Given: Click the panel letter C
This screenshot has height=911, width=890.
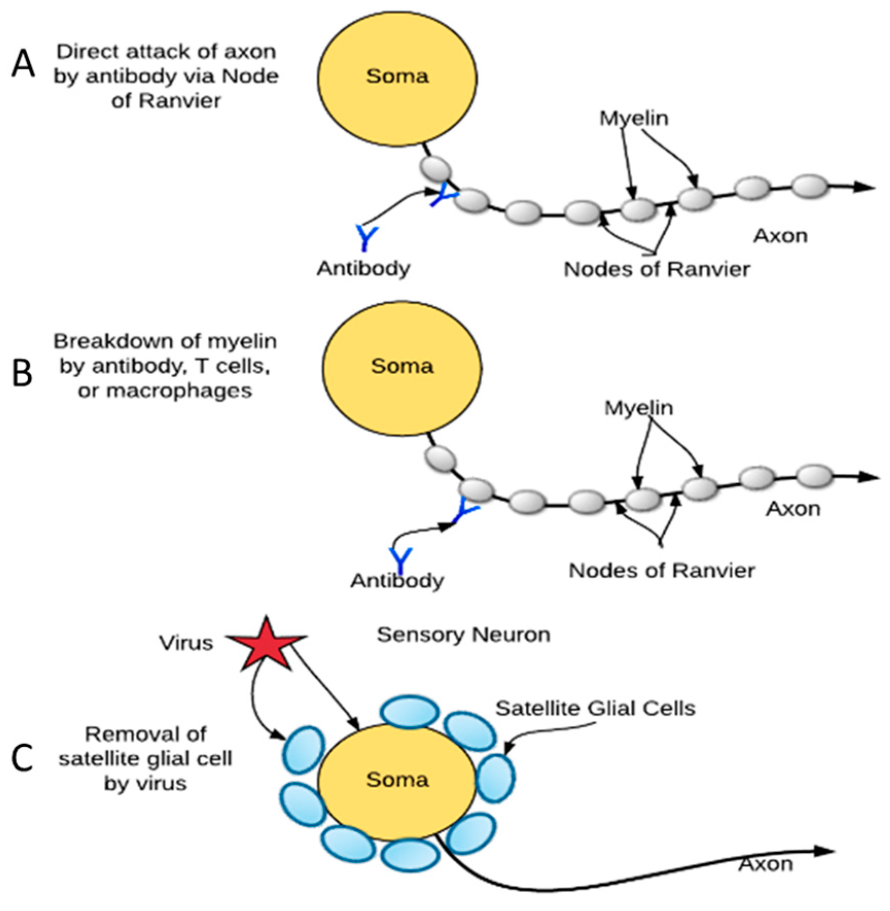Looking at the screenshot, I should click(22, 758).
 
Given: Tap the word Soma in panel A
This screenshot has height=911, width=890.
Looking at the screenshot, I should click(397, 76).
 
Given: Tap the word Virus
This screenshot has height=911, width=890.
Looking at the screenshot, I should click(186, 643).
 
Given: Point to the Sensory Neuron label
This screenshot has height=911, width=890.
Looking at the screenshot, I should click(464, 635).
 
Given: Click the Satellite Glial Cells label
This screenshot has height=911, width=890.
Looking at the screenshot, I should click(595, 708).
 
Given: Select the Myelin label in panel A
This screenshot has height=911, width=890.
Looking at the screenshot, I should click(634, 118).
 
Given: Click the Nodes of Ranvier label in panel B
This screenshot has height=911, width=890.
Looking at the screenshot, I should click(661, 570).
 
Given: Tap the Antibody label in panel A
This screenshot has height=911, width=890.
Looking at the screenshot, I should click(363, 268).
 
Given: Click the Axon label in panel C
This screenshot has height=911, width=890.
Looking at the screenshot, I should click(766, 864).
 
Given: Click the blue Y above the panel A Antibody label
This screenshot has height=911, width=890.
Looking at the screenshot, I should click(366, 237).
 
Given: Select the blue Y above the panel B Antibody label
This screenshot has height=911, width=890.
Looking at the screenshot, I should click(400, 559).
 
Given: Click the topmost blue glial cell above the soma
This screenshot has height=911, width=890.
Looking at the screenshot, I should click(410, 712).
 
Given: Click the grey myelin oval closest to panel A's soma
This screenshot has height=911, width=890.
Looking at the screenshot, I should click(435, 168).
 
